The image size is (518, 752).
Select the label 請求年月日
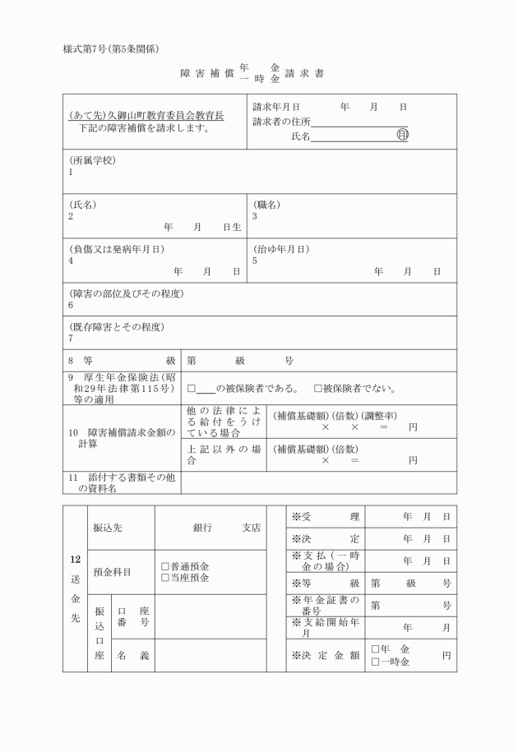coord(276,107)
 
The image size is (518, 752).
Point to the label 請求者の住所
coord(282,122)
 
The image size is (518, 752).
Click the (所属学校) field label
coord(92,160)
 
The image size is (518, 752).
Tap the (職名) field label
coord(267,204)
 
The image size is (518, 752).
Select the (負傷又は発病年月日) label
coord(117,248)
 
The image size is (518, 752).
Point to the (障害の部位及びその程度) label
coord(126,293)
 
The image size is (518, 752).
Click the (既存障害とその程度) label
coord(116,326)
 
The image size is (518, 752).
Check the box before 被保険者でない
coord(317,389)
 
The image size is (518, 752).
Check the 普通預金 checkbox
coord(165,566)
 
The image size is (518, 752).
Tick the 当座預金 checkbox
coord(165,578)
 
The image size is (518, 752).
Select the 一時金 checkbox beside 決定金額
coord(375,662)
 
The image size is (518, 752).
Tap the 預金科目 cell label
coord(112,572)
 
